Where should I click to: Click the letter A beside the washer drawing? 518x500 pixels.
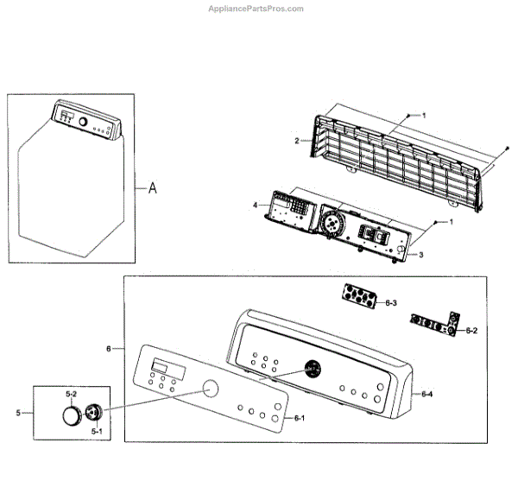[153, 187]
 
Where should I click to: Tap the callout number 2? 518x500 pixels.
[297, 140]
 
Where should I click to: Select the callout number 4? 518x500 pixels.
[256, 205]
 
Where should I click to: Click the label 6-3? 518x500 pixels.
[390, 303]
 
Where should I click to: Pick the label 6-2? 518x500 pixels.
[471, 330]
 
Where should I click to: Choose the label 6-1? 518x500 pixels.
[300, 418]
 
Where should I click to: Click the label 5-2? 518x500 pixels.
[71, 394]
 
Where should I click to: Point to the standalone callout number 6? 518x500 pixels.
[109, 349]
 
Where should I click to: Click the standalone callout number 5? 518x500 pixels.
[17, 414]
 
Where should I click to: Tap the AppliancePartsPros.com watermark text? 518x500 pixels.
[256, 9]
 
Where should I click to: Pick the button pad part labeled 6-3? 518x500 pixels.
[357, 296]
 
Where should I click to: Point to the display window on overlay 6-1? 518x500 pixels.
[163, 367]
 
